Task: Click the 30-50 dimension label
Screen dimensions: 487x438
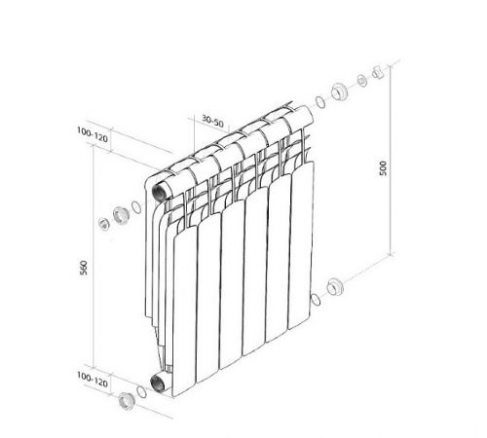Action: [x=212, y=121]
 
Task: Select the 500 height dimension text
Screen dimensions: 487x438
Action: [x=384, y=168]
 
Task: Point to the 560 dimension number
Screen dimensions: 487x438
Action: [x=84, y=268]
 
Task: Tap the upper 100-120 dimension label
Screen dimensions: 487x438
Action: [x=93, y=135]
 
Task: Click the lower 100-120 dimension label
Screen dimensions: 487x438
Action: [x=93, y=380]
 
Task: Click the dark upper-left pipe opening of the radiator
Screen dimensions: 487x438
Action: [x=160, y=194]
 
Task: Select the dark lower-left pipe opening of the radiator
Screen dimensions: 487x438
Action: [x=159, y=383]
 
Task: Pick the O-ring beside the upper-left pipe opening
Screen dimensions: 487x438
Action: [x=136, y=207]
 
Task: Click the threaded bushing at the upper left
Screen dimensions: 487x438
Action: [x=121, y=216]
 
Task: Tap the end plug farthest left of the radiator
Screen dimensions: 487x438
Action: [x=104, y=224]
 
